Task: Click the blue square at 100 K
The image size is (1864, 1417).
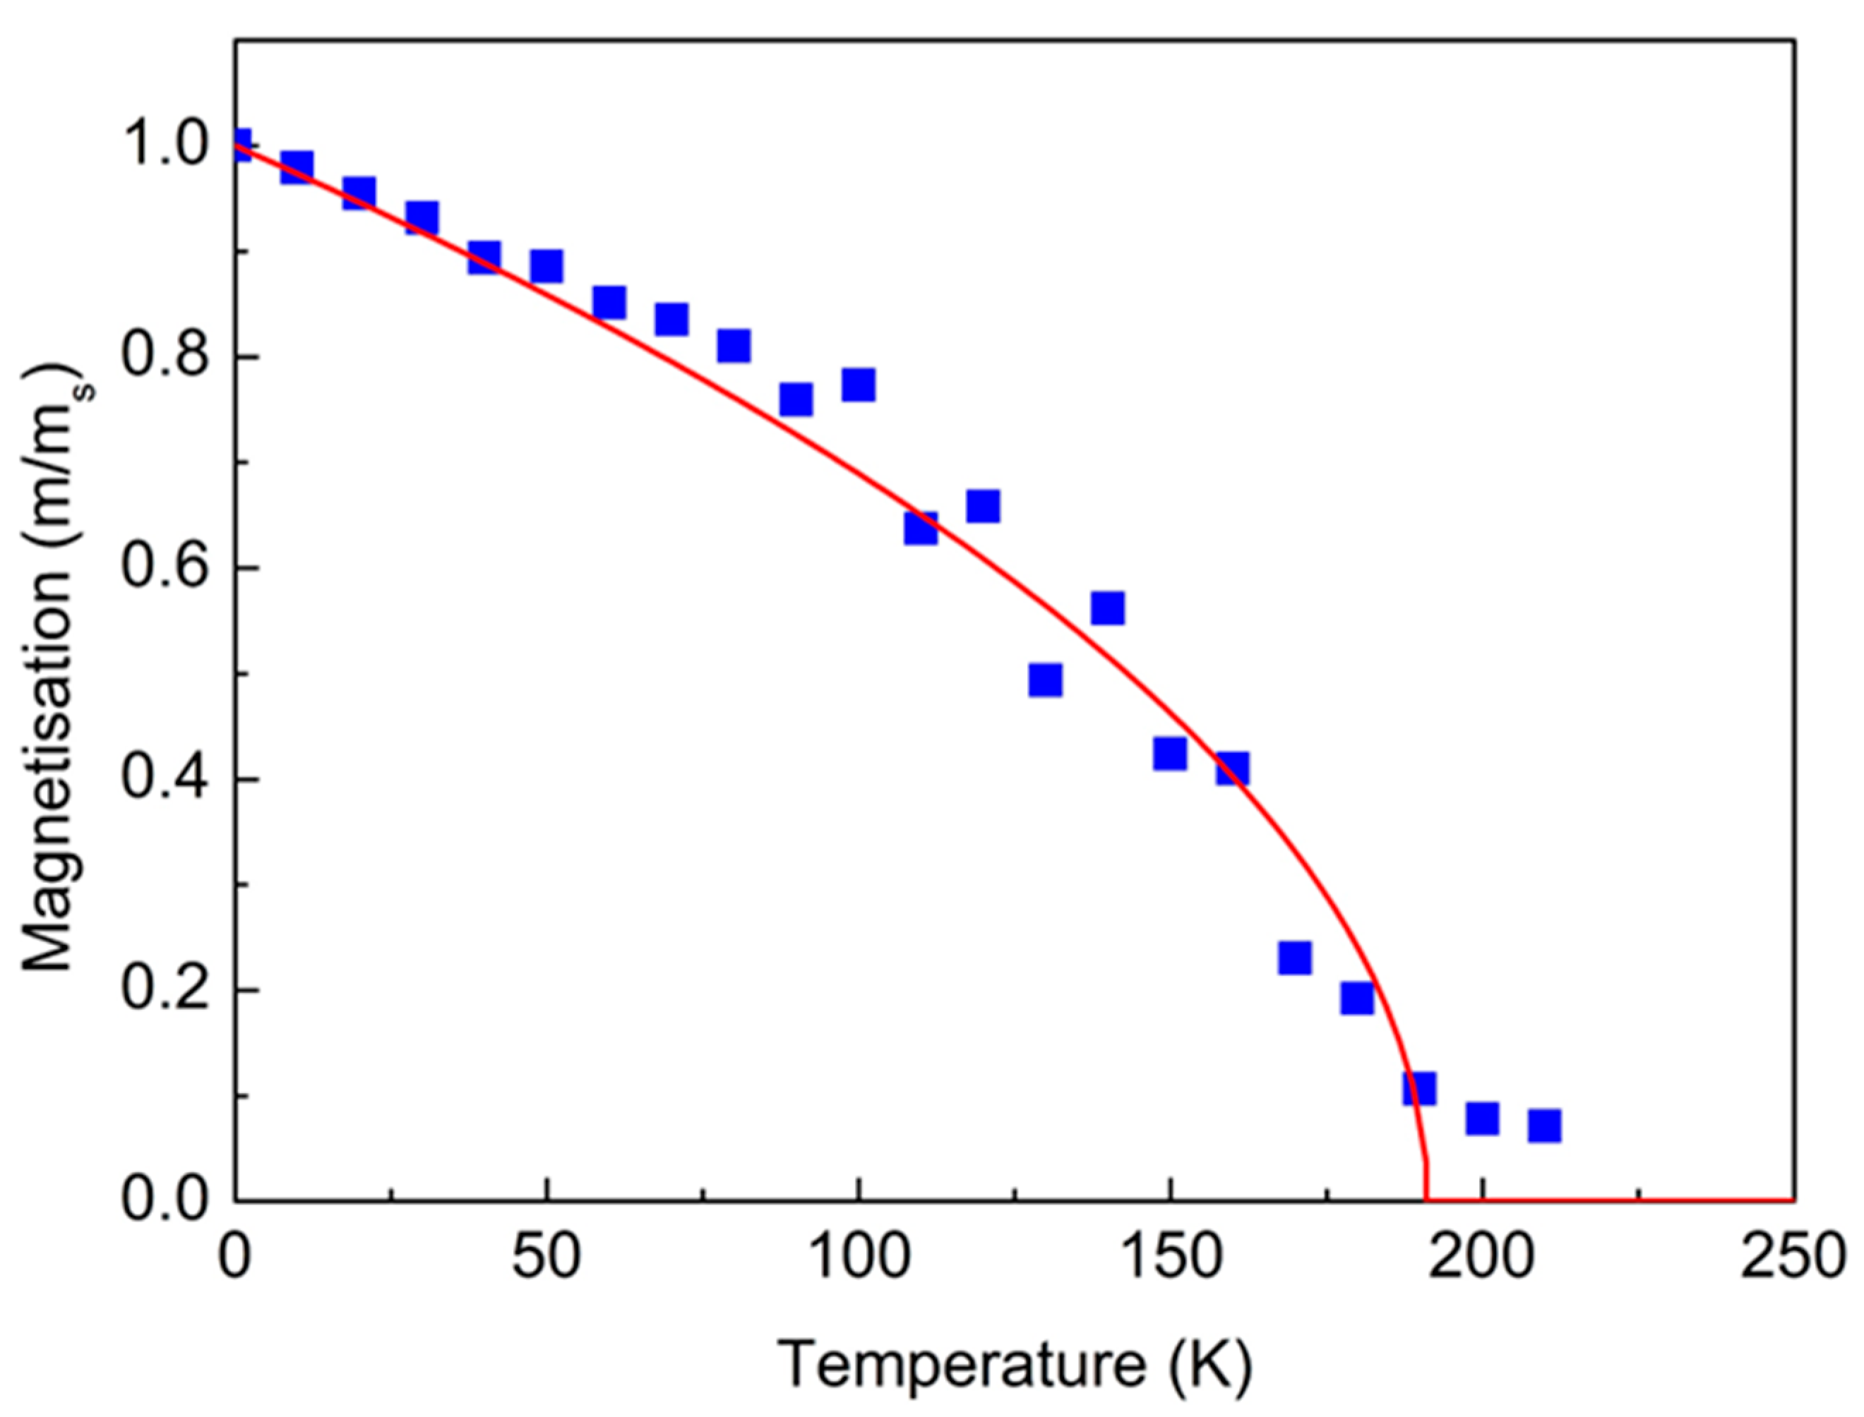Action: (x=858, y=385)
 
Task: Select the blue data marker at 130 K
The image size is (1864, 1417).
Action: (x=1045, y=680)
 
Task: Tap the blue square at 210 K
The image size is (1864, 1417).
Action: (x=1544, y=1126)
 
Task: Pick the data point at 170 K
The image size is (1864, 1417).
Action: (x=1294, y=958)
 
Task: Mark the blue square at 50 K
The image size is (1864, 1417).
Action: (x=546, y=267)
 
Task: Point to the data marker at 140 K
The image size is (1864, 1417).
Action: (x=1107, y=608)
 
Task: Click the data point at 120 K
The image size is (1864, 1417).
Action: (x=983, y=507)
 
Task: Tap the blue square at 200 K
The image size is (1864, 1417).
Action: (x=1482, y=1119)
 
